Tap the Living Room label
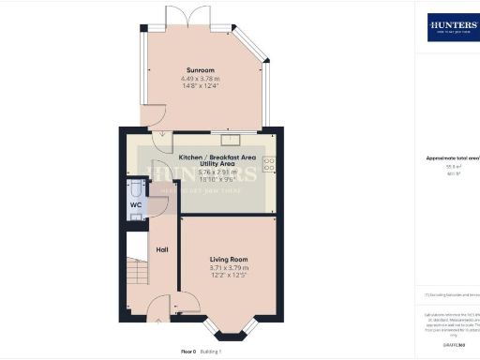pos(229,259)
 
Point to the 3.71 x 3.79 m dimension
pos(229,268)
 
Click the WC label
pos(137,204)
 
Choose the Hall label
pos(162,249)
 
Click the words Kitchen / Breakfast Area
pos(217,157)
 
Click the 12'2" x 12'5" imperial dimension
pos(229,277)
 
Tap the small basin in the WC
pos(137,216)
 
